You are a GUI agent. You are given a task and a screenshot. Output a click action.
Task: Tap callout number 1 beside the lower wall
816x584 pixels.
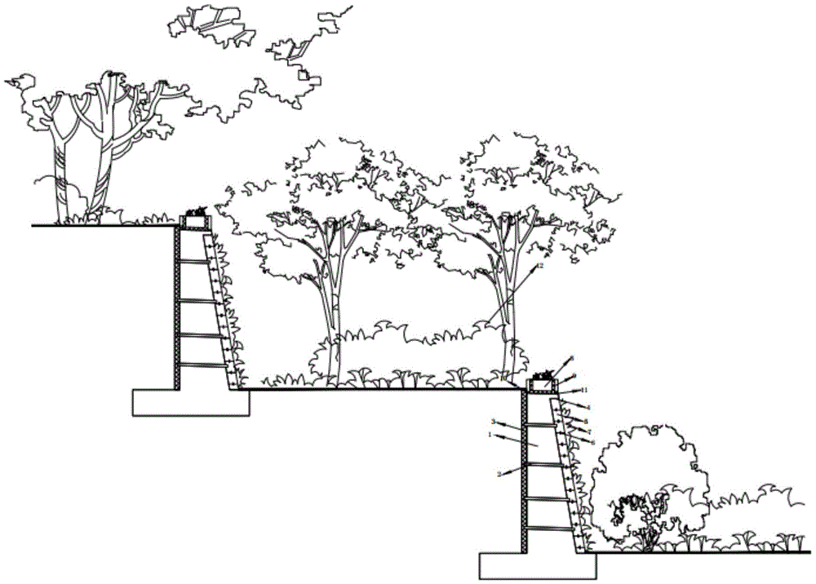click(490, 436)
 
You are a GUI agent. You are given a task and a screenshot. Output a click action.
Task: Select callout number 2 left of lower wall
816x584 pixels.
click(499, 474)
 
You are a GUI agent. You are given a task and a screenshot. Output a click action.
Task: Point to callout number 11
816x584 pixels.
click(584, 391)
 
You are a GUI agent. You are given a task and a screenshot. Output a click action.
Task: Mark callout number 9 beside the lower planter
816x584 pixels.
click(574, 376)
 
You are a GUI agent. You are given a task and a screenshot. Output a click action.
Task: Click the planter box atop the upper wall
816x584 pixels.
click(196, 220)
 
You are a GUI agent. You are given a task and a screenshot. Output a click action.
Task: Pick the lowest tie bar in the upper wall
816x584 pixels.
click(204, 365)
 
